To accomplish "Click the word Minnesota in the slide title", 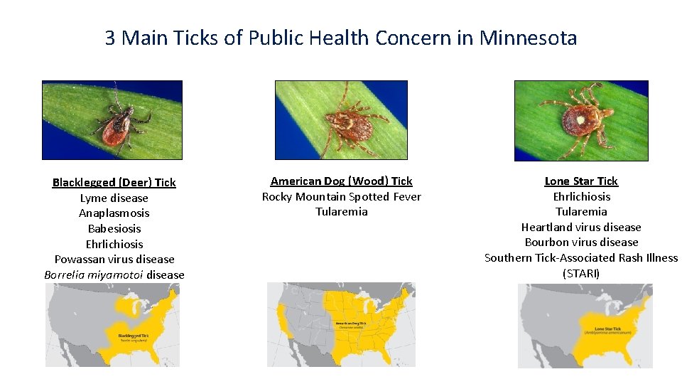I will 529,38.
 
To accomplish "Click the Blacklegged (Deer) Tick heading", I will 114,183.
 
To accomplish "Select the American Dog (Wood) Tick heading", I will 341,181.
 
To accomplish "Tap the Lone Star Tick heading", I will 581,181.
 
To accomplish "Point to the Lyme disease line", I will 114,198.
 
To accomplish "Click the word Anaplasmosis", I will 114,213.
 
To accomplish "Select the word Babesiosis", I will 114,229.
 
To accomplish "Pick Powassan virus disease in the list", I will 114,260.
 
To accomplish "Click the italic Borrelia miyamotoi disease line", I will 114,275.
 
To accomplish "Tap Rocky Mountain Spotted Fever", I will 341,197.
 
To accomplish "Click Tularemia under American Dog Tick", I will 341,212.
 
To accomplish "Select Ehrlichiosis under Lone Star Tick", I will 581,197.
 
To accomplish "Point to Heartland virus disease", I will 581,228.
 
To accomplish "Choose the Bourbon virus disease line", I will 581,242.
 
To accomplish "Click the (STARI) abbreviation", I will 581,274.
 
